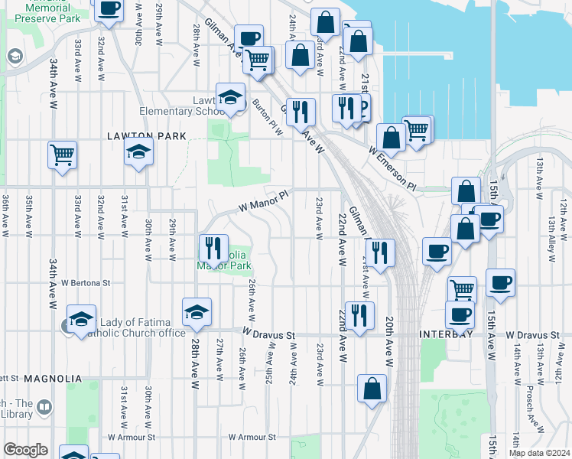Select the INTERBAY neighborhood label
click(446, 335)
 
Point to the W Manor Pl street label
click(264, 200)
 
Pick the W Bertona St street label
click(86, 282)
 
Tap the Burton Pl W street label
click(268, 119)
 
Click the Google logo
click(25, 450)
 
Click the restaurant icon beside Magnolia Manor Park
click(213, 249)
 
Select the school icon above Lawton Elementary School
click(230, 96)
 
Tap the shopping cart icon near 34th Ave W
click(62, 155)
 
